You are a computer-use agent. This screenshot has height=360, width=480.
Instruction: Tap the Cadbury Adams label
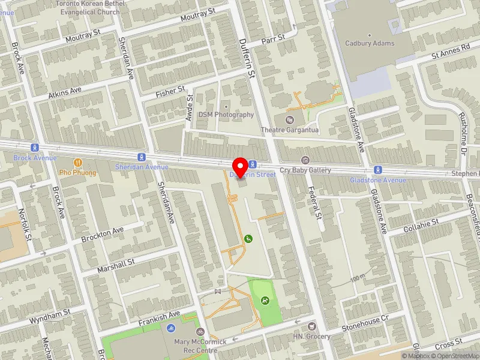pyautogui.click(x=370, y=43)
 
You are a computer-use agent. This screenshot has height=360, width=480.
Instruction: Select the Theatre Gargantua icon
pyautogui.click(x=291, y=120)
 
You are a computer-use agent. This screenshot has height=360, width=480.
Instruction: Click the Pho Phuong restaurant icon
pyautogui.click(x=77, y=163)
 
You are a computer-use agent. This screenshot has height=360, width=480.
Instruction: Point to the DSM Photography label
pyautogui.click(x=226, y=115)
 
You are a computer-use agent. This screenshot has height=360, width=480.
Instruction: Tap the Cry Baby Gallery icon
pyautogui.click(x=305, y=160)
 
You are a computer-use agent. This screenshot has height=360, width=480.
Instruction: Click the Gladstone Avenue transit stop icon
pyautogui.click(x=378, y=170)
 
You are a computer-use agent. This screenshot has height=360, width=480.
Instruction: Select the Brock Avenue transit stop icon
pyautogui.click(x=35, y=148)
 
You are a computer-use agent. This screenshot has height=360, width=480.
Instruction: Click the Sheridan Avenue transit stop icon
pyautogui.click(x=140, y=157)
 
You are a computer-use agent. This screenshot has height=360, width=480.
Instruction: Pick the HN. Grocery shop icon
pyautogui.click(x=311, y=326)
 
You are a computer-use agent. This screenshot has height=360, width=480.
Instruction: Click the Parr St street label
pyautogui.click(x=272, y=40)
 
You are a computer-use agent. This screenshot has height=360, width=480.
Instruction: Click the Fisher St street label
pyautogui.click(x=170, y=91)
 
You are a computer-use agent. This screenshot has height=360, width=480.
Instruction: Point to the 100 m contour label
pyautogui.click(x=358, y=278)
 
